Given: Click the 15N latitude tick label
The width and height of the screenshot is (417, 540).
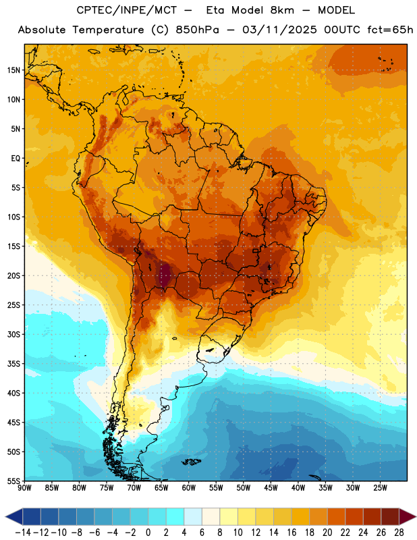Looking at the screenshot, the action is (x=13, y=70).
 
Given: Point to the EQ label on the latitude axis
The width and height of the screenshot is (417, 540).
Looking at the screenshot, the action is (x=16, y=159).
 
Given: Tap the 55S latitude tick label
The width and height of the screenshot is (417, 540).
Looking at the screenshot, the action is (x=13, y=481).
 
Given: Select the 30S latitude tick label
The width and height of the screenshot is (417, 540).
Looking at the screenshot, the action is (x=13, y=334).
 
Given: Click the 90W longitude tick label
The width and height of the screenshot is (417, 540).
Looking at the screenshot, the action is (x=24, y=487).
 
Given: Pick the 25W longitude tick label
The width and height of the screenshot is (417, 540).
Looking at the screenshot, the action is (x=380, y=487).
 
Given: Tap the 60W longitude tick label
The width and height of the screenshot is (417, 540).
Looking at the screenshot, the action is (x=189, y=487).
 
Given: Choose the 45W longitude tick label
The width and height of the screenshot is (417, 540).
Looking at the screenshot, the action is (x=271, y=487).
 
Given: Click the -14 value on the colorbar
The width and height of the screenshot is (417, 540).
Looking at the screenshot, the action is (x=23, y=533).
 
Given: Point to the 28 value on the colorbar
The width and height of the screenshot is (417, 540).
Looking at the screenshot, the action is (x=399, y=533).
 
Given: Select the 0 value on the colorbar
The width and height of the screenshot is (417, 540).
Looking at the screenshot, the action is (x=148, y=533).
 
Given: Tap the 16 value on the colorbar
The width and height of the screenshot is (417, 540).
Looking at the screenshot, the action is (x=291, y=533).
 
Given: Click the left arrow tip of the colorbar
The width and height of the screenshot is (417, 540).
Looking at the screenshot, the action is (x=5, y=516).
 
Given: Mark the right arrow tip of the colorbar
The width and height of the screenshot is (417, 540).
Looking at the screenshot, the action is (x=416, y=516).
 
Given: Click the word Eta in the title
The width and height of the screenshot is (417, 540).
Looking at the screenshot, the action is (x=215, y=10).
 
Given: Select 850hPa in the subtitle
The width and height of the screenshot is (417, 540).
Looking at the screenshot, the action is (x=197, y=30).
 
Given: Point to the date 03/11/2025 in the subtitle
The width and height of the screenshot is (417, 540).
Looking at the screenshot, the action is (x=279, y=30).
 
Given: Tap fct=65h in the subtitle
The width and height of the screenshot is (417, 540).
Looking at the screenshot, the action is (x=390, y=30).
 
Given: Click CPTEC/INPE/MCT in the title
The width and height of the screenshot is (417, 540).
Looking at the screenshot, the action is (x=127, y=10).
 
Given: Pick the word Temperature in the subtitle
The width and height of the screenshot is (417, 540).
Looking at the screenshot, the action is (x=108, y=30).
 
